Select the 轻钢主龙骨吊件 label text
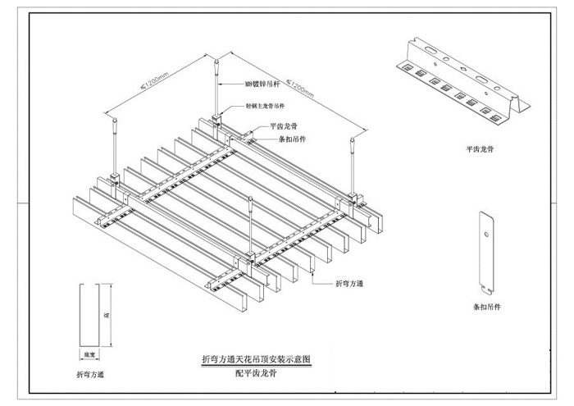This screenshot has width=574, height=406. point(267,107)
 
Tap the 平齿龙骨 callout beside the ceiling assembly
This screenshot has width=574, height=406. point(285,127)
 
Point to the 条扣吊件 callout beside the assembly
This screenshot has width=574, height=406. point(285,139)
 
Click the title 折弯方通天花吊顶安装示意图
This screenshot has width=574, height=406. point(256,359)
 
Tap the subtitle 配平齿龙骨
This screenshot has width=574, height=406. point(256,372)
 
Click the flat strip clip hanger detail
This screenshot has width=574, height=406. point(486,253)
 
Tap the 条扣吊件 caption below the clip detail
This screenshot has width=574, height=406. point(488,308)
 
